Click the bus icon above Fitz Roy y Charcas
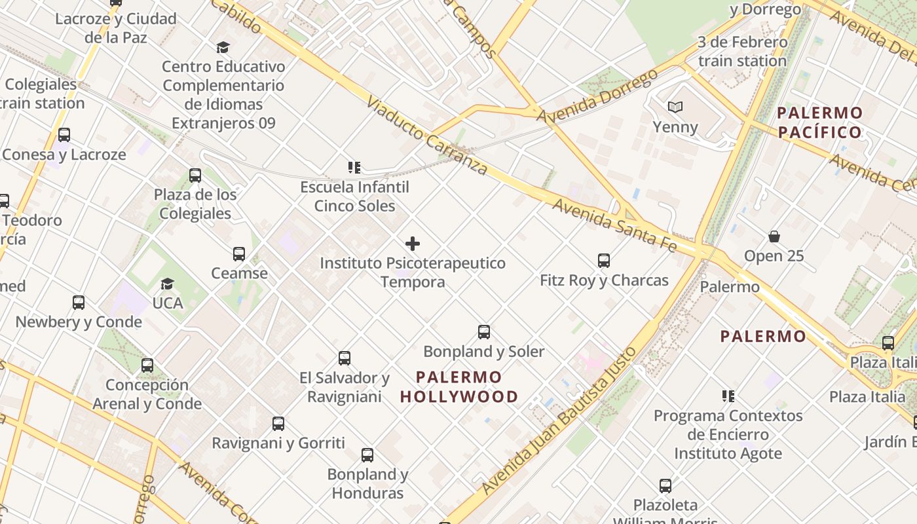click(604, 261)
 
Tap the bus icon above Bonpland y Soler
click(484, 332)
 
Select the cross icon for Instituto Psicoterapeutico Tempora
click(413, 244)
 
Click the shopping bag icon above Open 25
click(774, 236)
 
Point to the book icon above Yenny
click(675, 107)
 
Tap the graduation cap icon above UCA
click(168, 284)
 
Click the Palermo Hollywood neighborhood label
click(458, 387)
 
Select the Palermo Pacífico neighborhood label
click(819, 122)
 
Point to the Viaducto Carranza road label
click(426, 136)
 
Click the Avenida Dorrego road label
click(597, 96)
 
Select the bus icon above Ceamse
click(239, 253)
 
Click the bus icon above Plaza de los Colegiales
click(195, 175)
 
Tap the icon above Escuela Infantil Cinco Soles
click(354, 168)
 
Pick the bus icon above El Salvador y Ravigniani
click(345, 358)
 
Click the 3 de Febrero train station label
click(742, 52)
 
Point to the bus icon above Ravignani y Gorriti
click(278, 424)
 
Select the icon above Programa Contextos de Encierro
click(728, 396)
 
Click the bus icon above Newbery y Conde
click(79, 303)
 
